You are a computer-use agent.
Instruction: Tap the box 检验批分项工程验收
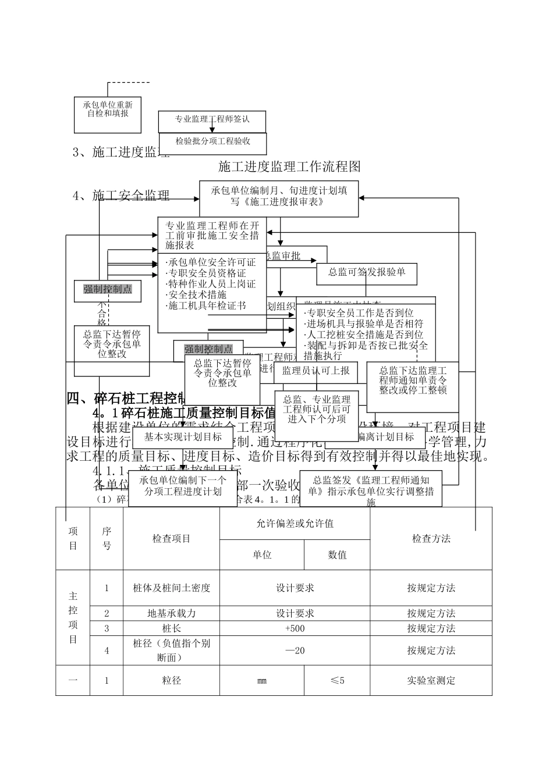coord(212,142)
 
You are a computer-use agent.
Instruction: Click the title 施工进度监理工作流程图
coord(289,167)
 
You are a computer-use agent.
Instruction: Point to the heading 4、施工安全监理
coord(121,195)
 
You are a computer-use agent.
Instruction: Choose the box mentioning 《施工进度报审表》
coord(279,197)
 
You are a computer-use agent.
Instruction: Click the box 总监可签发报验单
coord(367,272)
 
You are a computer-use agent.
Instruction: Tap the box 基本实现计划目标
coord(183,437)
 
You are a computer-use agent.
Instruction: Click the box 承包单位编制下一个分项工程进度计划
coord(182,486)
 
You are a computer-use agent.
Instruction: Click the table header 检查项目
coord(171,539)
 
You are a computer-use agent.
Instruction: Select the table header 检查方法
coord(431,539)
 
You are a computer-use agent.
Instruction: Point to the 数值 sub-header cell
coord(337,555)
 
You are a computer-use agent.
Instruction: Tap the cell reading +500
coord(295,628)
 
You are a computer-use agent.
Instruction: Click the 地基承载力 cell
coord(171,613)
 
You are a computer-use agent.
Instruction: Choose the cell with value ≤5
coord(337,680)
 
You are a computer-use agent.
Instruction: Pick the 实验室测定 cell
coord(431,680)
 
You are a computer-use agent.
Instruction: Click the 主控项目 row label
coord(73,617)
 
